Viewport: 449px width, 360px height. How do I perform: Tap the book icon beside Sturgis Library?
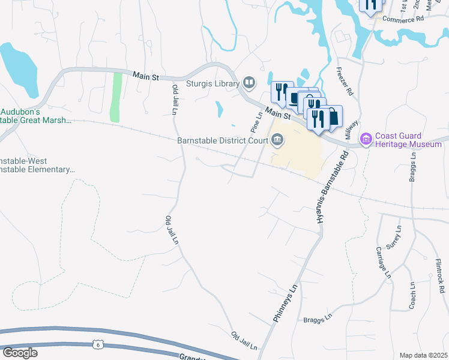click(x=249, y=83)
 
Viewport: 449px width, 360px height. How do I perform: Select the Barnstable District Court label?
click(x=221, y=141)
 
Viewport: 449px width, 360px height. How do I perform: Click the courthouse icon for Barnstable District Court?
click(x=277, y=140)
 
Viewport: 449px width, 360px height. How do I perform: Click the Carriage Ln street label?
click(x=383, y=262)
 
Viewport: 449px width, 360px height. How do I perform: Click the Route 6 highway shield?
click(x=98, y=344)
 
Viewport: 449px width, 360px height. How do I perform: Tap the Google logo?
click(x=20, y=353)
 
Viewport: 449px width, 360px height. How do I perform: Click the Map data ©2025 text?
click(x=423, y=355)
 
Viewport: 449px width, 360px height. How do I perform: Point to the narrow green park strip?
click(x=116, y=96)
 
